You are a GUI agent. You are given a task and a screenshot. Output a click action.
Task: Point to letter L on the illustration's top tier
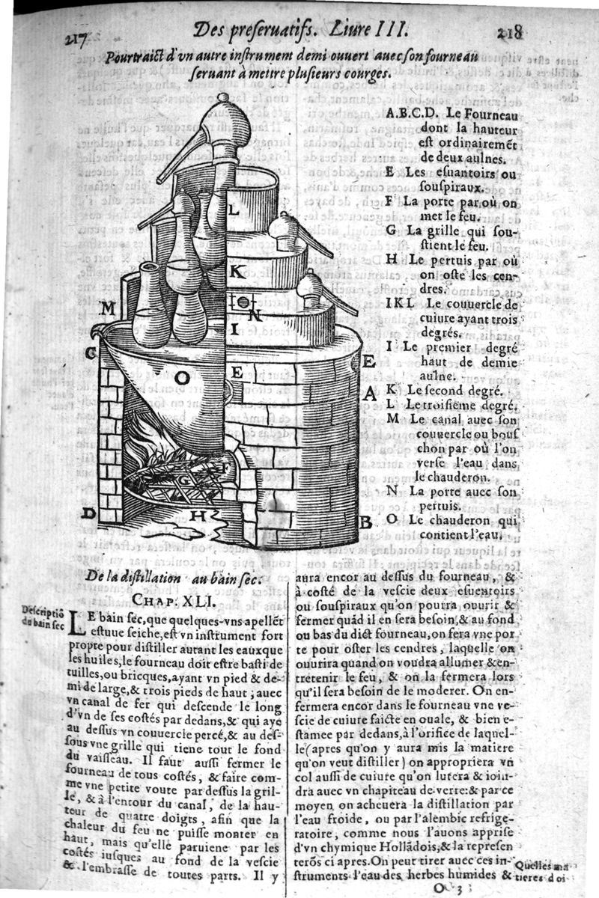coord(233,211)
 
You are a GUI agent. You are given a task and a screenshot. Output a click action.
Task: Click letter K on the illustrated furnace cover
coord(235,272)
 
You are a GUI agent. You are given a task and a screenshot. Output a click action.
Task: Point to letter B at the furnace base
coord(365,522)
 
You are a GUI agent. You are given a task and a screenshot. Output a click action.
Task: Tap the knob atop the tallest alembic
coord(222,97)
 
